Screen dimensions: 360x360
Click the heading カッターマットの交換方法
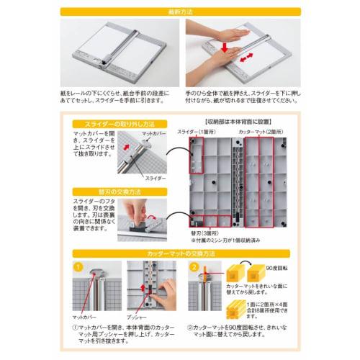click(x=179, y=253)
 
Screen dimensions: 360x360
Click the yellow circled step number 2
click(x=194, y=268)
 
